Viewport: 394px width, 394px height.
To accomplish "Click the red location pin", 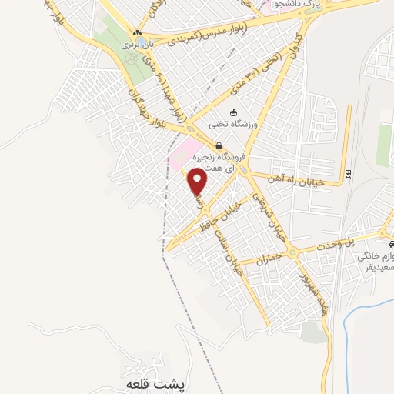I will [x=199, y=182].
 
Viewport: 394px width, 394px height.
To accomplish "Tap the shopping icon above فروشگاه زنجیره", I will [x=219, y=145].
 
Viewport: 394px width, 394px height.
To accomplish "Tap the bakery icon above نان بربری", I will [x=138, y=32].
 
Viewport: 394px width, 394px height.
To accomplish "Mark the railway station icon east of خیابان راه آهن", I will [x=347, y=173].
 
